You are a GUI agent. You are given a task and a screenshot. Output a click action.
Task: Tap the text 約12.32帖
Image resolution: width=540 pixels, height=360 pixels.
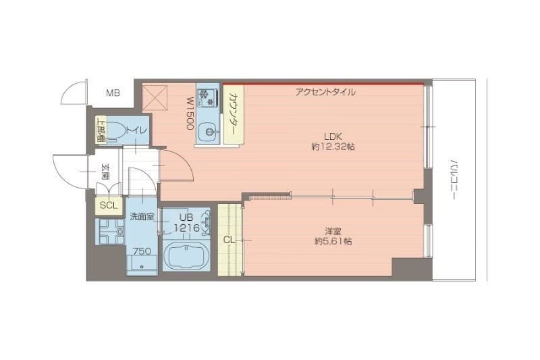point(333,147)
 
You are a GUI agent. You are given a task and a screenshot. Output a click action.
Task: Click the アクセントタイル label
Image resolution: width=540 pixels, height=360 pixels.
point(325,92)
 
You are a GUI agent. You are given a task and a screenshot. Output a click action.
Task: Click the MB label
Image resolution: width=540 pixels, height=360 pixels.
point(112,93)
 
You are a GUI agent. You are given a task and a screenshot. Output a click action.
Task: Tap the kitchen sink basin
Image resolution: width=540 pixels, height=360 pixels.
point(208,130)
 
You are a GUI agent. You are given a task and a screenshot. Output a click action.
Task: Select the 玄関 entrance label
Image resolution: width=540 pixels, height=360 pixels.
point(105,172)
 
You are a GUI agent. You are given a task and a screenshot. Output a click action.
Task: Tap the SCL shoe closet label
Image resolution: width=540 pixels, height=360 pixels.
point(108,205)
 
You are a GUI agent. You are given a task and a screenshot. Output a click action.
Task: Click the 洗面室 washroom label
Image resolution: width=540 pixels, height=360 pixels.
point(142,217)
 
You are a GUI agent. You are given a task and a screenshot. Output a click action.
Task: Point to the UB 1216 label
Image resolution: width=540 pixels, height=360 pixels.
point(186,223)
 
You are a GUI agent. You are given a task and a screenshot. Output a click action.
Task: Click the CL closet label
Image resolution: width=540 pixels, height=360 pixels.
point(230,240)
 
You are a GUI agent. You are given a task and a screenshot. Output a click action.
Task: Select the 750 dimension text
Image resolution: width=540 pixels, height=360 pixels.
point(142,251)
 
